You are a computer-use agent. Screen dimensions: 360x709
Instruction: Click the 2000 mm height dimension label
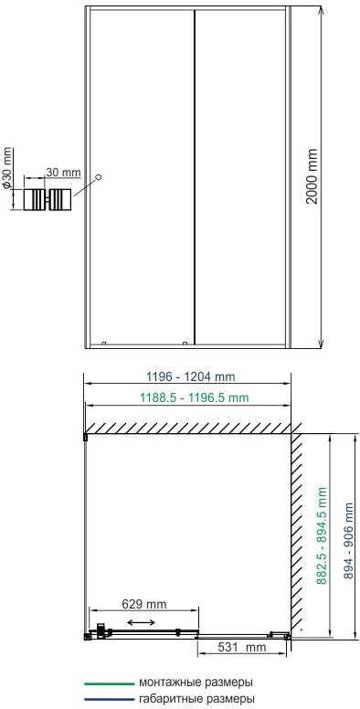point(312,176)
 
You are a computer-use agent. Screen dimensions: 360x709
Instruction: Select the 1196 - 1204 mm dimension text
point(191,376)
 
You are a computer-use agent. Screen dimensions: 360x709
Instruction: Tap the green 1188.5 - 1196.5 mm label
point(194,398)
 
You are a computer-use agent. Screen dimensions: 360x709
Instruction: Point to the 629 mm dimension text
point(144,604)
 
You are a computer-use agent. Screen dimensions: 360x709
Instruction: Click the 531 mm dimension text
point(242,647)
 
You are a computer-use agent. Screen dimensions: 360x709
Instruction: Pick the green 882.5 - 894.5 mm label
point(322,535)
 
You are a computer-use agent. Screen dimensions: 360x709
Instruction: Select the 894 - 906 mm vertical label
point(349,540)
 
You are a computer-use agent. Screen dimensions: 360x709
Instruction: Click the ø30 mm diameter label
point(6,168)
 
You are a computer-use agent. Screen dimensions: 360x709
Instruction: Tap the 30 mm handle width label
point(63,173)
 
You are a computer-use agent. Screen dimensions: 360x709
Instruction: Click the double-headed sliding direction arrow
point(140,622)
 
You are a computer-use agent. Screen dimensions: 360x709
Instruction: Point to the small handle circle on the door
point(99,177)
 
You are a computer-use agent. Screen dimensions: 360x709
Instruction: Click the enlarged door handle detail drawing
point(47,199)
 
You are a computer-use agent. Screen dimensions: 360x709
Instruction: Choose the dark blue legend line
point(110,700)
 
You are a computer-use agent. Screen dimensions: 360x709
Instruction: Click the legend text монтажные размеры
point(196,683)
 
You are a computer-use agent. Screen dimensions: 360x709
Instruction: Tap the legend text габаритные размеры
point(196,699)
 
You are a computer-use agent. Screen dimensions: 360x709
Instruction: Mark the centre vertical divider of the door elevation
point(195,177)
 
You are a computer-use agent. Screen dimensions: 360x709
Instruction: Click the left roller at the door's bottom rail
point(104,343)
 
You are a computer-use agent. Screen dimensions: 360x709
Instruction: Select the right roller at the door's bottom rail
point(185,343)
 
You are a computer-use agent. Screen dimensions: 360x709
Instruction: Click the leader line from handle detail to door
point(85,187)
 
